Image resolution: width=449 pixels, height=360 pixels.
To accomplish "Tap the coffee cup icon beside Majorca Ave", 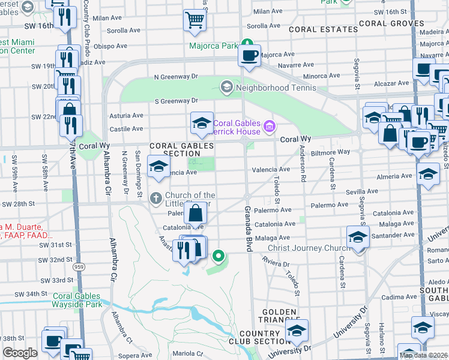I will [249, 56].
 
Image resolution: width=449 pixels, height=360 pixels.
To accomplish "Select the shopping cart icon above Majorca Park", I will [194, 21].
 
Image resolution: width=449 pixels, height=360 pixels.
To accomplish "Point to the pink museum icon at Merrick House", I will [270, 125].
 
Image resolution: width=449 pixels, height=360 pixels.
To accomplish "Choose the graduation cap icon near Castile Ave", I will [202, 124].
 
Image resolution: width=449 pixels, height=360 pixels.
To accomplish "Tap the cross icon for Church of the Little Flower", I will [155, 197].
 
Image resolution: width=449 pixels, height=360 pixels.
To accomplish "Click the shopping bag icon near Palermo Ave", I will [196, 213].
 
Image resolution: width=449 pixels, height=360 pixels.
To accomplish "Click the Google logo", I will [20, 353].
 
